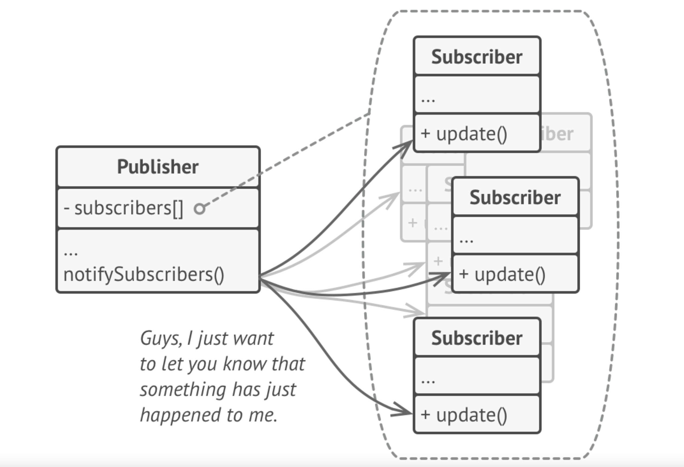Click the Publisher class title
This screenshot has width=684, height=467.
(x=158, y=167)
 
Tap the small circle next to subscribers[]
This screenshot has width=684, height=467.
(x=200, y=209)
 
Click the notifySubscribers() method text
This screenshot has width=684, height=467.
(x=144, y=275)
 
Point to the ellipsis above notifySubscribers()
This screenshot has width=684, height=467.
(x=71, y=253)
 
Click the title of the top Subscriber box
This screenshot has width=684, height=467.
(x=477, y=57)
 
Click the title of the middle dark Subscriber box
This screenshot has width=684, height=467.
(x=515, y=197)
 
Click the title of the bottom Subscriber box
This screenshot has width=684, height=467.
(x=477, y=338)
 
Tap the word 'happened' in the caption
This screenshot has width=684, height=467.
(x=180, y=415)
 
